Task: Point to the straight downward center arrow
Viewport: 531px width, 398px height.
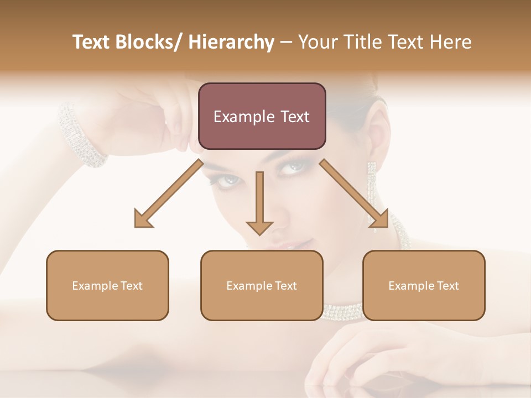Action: point(259,202)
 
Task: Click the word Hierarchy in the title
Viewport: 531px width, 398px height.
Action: point(231,42)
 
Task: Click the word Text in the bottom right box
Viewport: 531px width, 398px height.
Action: point(447,286)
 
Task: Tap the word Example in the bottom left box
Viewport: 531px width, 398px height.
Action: point(94,286)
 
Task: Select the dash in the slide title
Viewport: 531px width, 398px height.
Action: point(286,43)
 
